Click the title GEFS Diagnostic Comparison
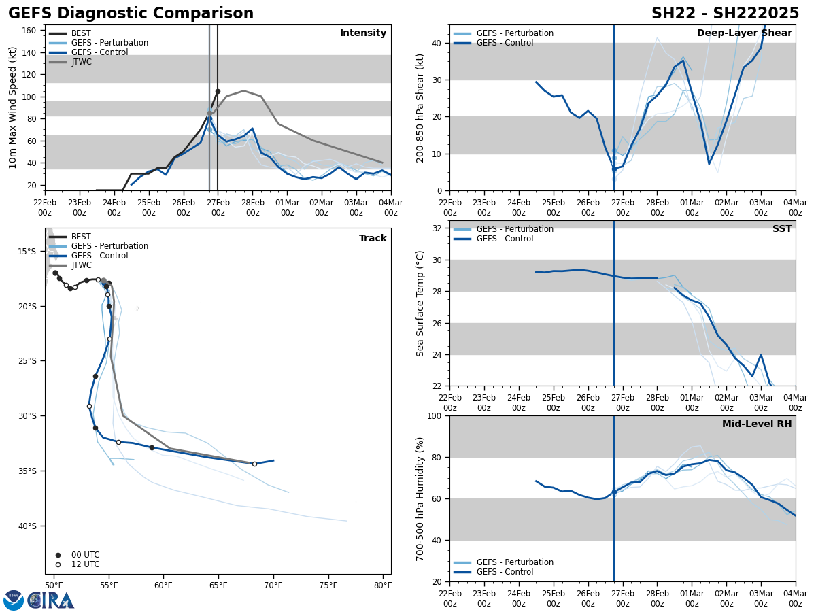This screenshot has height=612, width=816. click(x=131, y=14)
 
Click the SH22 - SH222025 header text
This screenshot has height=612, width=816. click(x=725, y=14)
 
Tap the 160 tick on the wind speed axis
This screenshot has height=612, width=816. click(x=30, y=31)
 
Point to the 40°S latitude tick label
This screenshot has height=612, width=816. click(x=27, y=526)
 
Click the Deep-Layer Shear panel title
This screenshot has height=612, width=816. click(x=744, y=33)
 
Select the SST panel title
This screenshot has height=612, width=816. click(x=781, y=229)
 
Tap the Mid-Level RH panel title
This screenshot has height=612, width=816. click(x=756, y=424)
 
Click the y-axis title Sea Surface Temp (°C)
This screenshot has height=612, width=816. click(x=420, y=303)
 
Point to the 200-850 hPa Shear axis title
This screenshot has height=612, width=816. click(x=420, y=107)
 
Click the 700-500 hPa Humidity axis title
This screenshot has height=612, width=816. click(x=420, y=498)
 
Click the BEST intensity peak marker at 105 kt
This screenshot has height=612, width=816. click(x=218, y=91)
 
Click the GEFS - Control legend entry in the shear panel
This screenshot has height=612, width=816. click(x=505, y=43)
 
